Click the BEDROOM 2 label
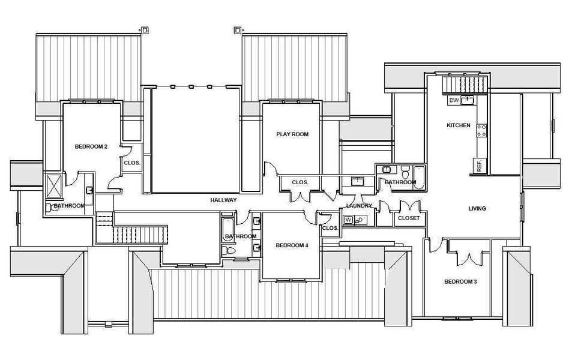pos(91,146)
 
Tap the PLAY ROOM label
pos(292,134)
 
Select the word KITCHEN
pos(458,125)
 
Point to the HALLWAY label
pos(223,200)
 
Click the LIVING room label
pos(477,209)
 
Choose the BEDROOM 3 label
pos(460,282)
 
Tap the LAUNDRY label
pos(360,206)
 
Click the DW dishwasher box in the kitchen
pos(454,100)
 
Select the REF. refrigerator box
pos(479,166)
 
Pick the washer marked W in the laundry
pos(348,220)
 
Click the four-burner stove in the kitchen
pos(481,130)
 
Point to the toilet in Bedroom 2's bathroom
pos(49,207)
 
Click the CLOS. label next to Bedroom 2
pos(132,162)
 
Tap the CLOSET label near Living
pos(408,218)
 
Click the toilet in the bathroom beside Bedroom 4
pos(227,250)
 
